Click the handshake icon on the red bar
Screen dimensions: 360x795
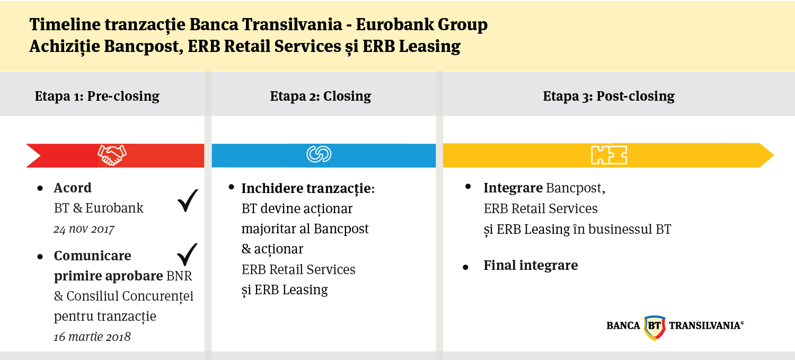(x=112, y=155)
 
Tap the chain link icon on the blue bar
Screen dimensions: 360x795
(x=319, y=155)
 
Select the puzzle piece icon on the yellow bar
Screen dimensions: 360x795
(x=609, y=155)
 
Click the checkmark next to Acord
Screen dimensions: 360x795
(x=187, y=201)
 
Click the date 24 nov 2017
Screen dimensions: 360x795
(x=84, y=229)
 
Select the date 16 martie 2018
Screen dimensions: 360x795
(x=92, y=337)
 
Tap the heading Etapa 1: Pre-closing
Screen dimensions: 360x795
(x=97, y=96)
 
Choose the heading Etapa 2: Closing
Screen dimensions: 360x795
(x=320, y=96)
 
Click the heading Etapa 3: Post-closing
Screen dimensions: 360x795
(x=608, y=96)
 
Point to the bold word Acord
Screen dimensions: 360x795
(x=73, y=188)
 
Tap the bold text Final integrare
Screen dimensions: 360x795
(x=531, y=265)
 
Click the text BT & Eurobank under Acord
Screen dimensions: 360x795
(x=99, y=208)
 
